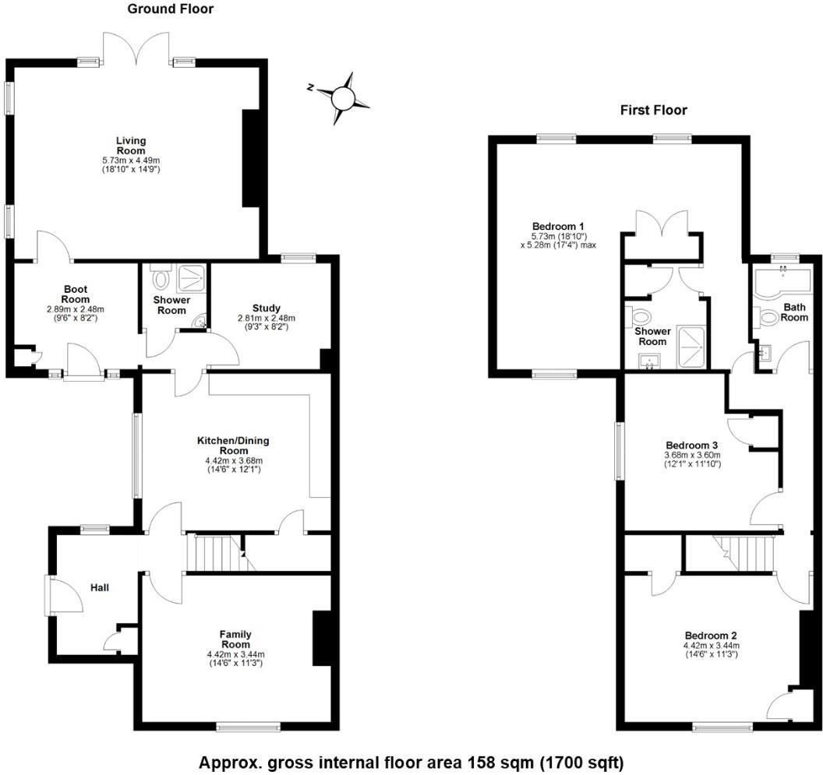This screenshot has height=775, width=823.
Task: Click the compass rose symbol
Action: click(x=342, y=97)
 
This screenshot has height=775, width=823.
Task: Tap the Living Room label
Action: click(x=131, y=146)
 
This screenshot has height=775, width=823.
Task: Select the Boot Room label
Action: click(x=75, y=294)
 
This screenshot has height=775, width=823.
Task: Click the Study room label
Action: click(x=267, y=307)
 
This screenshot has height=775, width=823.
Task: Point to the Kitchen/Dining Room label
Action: click(x=232, y=446)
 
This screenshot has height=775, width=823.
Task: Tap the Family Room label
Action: click(x=235, y=639)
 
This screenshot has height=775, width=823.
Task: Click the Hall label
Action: click(x=99, y=587)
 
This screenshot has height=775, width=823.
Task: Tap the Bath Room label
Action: click(x=794, y=312)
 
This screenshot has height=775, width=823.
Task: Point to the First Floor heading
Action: click(x=653, y=110)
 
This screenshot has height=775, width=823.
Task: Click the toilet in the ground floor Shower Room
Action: click(x=162, y=279)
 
